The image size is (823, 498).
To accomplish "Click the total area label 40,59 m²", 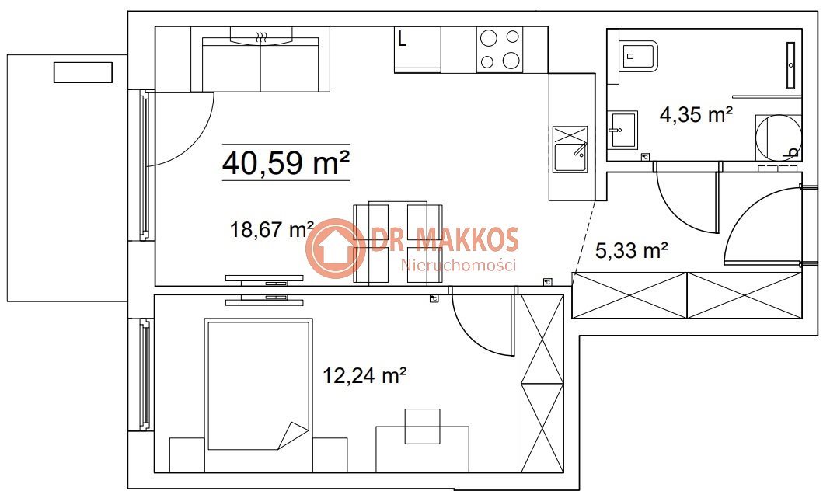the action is [x=286, y=162].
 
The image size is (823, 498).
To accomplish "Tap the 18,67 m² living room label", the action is [x=272, y=230].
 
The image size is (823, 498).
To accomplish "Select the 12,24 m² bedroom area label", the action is [x=364, y=375].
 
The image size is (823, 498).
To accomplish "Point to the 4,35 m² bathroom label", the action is [x=696, y=114].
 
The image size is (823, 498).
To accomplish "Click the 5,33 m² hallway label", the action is [x=631, y=250].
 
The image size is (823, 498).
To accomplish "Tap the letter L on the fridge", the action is [x=402, y=39].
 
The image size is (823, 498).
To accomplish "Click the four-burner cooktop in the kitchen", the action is [x=500, y=49].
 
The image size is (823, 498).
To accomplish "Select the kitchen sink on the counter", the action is [x=570, y=150].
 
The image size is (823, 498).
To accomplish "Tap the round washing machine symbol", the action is [x=779, y=137].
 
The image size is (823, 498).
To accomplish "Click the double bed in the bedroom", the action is [x=258, y=384].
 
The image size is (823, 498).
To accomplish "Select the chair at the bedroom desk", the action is [x=423, y=426].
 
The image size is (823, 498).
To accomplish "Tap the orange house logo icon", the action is [x=336, y=248].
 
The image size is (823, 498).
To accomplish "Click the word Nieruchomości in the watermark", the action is [x=459, y=265].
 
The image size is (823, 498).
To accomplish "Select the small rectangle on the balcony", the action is [x=83, y=72].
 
